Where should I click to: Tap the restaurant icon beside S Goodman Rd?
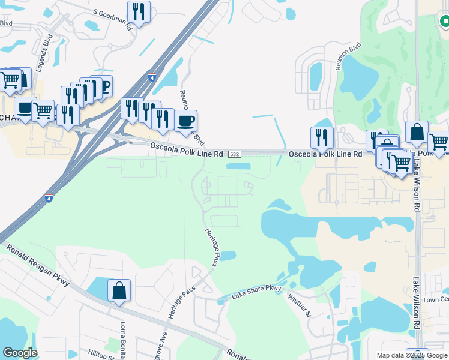(x=139, y=12)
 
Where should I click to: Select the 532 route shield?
(x=235, y=154)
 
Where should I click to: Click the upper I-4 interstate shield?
(x=152, y=77)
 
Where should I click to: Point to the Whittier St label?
(x=299, y=305)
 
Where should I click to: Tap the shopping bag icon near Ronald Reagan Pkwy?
(x=119, y=290)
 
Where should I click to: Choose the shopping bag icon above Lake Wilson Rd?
(x=417, y=132)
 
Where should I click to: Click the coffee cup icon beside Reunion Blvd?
(x=185, y=121)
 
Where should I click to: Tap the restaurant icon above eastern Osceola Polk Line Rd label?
(x=322, y=137)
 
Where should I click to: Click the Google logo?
(x=20, y=353)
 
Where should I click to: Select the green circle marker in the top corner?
(x=444, y=22)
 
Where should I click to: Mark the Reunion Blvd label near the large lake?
(x=348, y=56)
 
